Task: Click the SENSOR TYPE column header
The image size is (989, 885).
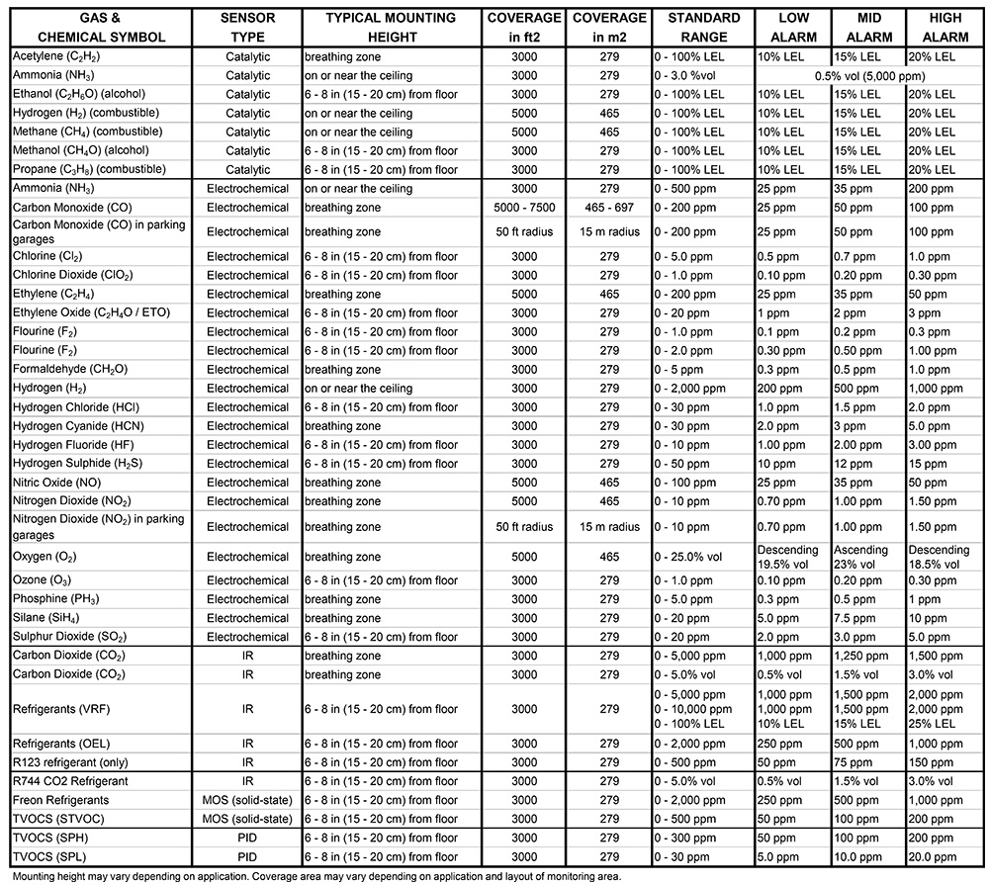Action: [x=247, y=28]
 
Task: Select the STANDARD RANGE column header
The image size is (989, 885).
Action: [x=703, y=28]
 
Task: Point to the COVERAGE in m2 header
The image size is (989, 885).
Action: [x=609, y=28]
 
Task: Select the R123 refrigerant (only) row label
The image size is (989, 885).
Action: [x=74, y=762]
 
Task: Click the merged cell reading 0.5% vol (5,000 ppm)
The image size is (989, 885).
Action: [x=869, y=75]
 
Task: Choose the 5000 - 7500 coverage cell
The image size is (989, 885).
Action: [x=524, y=208]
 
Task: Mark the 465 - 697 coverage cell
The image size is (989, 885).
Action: [x=609, y=208]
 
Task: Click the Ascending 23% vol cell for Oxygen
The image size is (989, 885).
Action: [x=864, y=557]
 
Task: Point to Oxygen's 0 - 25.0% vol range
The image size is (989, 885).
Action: [x=693, y=558]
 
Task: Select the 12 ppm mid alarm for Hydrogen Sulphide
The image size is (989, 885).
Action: [x=852, y=464]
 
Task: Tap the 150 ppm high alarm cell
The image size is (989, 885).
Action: [x=926, y=762]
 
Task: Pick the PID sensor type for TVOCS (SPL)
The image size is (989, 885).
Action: [x=247, y=857]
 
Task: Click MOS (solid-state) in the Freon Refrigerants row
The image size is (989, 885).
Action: [x=247, y=800]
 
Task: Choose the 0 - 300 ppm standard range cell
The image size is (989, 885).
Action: [x=689, y=839]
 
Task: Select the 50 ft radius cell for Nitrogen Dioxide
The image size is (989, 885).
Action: [x=524, y=527]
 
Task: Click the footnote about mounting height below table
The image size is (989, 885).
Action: [x=316, y=876]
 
